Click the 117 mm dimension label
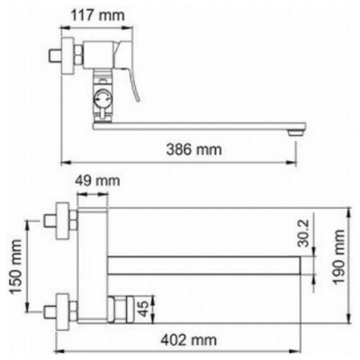(x=97, y=15)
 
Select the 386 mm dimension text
(x=193, y=149)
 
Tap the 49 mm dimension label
(x=97, y=181)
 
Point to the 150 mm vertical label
(x=15, y=266)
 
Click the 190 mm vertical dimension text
(x=339, y=256)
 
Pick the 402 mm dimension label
(x=189, y=340)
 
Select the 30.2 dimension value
(x=304, y=232)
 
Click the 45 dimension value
(x=144, y=309)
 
